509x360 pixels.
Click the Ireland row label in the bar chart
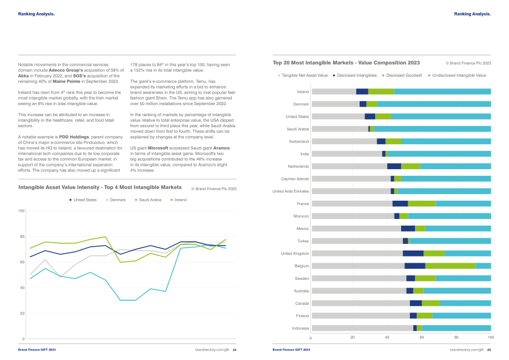click(x=303, y=92)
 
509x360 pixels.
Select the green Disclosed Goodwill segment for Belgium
click(x=450, y=266)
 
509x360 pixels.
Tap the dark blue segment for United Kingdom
click(x=413, y=254)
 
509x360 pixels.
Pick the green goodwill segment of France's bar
click(x=422, y=204)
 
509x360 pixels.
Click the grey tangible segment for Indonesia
click(x=362, y=328)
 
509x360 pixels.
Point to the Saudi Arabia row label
click(x=298, y=129)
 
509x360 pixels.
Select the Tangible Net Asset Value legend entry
click(x=303, y=76)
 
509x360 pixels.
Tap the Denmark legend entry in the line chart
click(x=116, y=200)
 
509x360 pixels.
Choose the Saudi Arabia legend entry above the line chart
click(x=148, y=200)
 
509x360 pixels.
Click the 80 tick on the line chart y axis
click(x=22, y=237)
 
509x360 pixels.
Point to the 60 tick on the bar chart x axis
click(x=422, y=337)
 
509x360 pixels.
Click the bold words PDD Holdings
click(x=74, y=137)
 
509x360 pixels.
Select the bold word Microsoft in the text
click(x=158, y=148)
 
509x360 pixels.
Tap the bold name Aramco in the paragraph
click(x=221, y=148)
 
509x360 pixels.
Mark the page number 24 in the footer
click(x=235, y=350)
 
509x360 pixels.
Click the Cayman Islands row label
click(x=295, y=179)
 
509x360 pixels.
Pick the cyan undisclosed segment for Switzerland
click(x=446, y=142)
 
